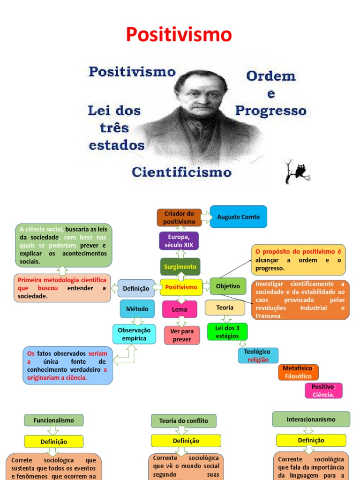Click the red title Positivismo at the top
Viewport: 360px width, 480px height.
(x=180, y=35)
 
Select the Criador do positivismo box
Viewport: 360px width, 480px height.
(x=180, y=217)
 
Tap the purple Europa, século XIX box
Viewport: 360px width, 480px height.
(x=179, y=241)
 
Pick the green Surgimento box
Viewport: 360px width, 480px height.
(x=180, y=266)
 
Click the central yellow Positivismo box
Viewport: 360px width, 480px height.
(x=181, y=287)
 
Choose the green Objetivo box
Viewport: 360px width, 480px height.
(x=228, y=286)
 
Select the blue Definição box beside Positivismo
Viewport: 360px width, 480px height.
(x=136, y=289)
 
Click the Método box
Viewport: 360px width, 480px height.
(x=137, y=309)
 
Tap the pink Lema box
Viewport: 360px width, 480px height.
(x=180, y=309)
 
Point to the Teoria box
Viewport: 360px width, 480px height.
(x=225, y=307)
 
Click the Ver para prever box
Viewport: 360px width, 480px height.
(x=182, y=335)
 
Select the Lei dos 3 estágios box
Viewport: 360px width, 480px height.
(x=227, y=332)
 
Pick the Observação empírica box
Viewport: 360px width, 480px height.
(x=134, y=335)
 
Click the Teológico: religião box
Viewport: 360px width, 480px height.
(x=258, y=355)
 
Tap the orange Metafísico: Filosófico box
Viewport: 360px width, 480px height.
(x=298, y=372)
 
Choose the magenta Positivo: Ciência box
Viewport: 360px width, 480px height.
(x=323, y=390)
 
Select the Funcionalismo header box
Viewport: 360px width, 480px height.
(x=53, y=420)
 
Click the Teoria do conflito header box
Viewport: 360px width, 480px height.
(x=183, y=421)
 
